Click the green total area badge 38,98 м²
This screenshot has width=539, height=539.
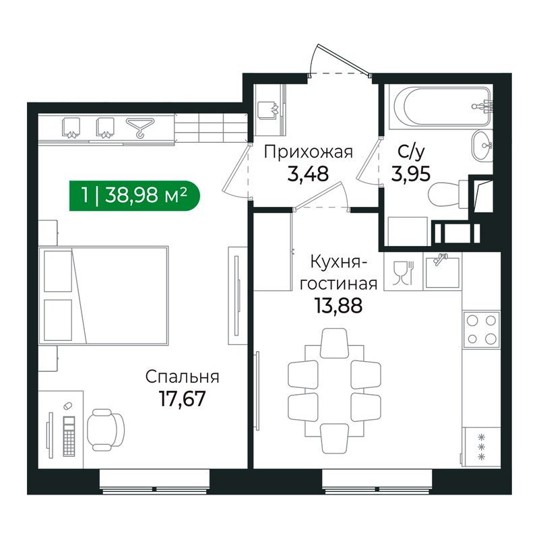coord(134,195)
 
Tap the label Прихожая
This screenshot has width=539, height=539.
coord(309,152)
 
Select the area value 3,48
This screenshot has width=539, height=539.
coord(308,174)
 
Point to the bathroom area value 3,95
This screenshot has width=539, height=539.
coord(411,174)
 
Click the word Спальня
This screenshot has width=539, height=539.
coord(182,377)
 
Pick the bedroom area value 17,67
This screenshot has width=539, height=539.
coord(182,399)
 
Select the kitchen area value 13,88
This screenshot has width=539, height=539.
coord(338,306)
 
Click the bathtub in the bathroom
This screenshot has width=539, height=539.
coord(443,106)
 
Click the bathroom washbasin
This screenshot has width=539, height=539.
coord(482,146)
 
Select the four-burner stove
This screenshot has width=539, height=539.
coord(481,329)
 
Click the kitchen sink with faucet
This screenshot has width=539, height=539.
coord(443,272)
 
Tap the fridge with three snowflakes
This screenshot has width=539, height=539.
coord(481,447)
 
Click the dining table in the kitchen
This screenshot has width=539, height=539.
coord(334,390)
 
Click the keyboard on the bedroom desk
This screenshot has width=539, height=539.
coord(69,436)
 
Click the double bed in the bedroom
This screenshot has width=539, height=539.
coord(104,295)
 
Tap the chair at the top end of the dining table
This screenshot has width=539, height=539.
coord(334,342)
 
